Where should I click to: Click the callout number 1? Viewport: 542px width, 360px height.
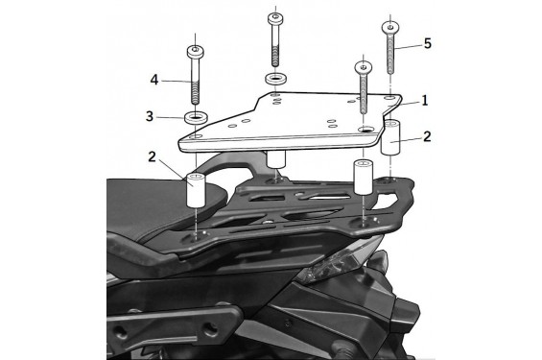coord(424,100)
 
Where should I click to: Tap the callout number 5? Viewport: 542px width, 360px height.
coord(428,43)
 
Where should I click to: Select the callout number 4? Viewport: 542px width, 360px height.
coord(154,80)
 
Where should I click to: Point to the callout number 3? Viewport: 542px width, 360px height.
coord(150,116)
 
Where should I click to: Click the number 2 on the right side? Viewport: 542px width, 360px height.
coord(427,136)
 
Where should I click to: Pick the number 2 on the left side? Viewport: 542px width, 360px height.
coord(153,157)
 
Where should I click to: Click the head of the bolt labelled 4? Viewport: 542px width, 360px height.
coord(196,52)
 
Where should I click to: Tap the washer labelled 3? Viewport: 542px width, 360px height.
coord(196,118)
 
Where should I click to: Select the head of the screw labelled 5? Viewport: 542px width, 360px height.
coord(390,27)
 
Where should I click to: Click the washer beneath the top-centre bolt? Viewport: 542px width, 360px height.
coord(276,79)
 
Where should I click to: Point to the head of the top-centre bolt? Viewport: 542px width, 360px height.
coord(275,18)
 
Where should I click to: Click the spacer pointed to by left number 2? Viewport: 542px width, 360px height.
coord(197,190)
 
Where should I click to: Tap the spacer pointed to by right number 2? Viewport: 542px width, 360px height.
coord(390,137)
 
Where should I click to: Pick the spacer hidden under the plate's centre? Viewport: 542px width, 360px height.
coord(275,159)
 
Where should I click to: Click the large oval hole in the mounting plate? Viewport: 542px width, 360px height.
coord(366,129)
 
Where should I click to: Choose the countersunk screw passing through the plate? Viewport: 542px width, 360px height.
coord(364,87)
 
